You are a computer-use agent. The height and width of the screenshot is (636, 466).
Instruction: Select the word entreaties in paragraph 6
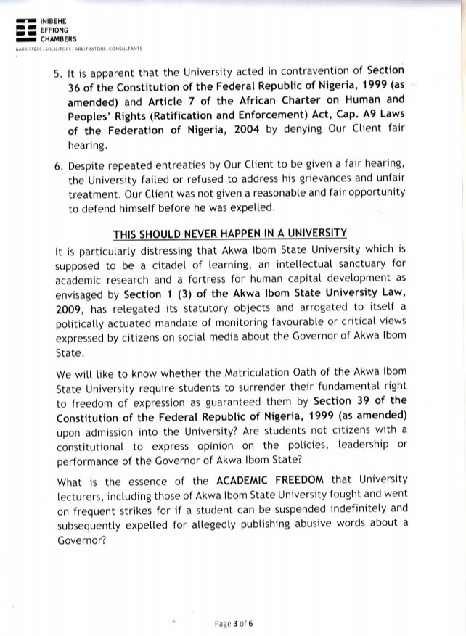point(205,168)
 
